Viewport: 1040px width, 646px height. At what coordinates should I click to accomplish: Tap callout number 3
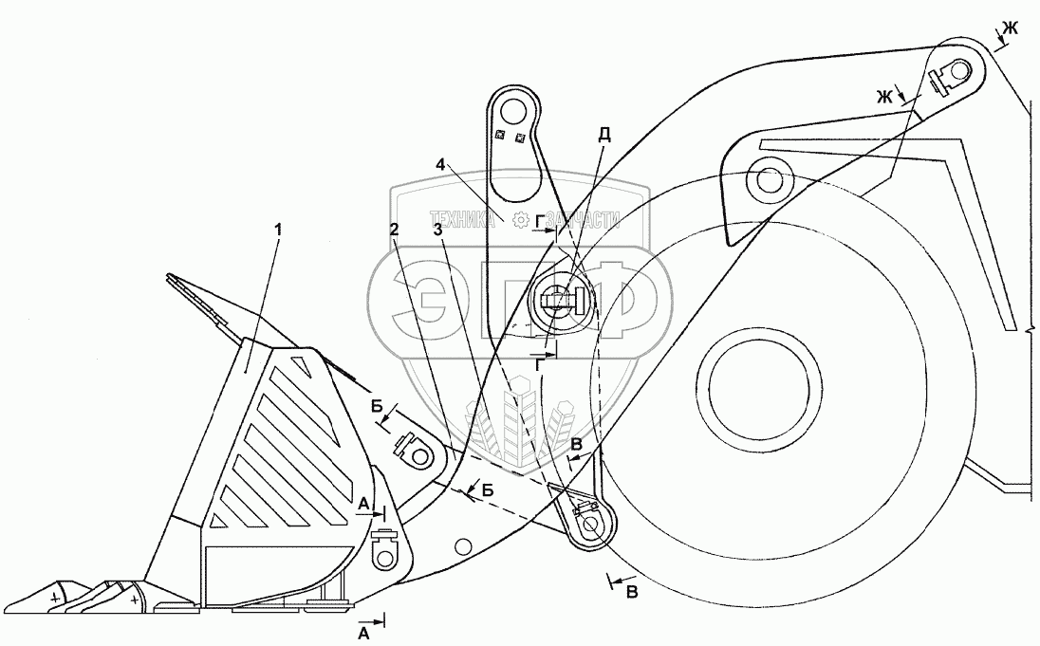436,231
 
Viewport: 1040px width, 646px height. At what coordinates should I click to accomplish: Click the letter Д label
604,135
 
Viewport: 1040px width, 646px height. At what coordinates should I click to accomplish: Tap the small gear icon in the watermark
519,220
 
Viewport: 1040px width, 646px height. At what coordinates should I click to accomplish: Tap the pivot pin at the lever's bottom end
590,523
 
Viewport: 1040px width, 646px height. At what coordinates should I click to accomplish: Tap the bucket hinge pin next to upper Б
417,453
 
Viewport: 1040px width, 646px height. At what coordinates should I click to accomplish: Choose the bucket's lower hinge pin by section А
385,549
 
